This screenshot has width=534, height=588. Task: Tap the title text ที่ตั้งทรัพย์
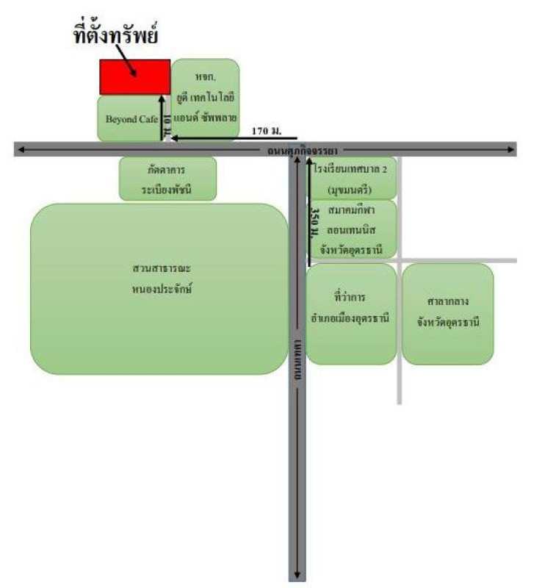[118, 35]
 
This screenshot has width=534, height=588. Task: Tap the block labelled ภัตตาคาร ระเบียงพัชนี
[168, 178]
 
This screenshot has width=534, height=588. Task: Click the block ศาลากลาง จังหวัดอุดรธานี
[448, 312]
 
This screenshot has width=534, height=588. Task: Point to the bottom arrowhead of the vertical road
[297, 575]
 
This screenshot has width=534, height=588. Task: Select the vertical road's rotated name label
[297, 360]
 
